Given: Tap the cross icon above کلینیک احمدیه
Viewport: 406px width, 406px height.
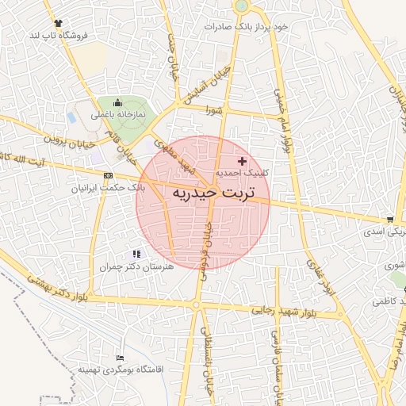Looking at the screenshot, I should pyautogui.click(x=243, y=161).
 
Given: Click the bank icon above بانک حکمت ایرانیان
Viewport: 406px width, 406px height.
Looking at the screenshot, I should pyautogui.click(x=109, y=176).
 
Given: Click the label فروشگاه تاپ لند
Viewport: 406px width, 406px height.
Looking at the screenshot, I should pyautogui.click(x=56, y=36).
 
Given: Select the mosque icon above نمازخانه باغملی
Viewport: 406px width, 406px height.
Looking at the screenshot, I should pyautogui.click(x=118, y=102).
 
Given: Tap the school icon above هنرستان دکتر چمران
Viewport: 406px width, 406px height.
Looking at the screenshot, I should pyautogui.click(x=136, y=254).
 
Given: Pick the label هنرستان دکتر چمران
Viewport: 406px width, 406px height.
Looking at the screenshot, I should pyautogui.click(x=131, y=266).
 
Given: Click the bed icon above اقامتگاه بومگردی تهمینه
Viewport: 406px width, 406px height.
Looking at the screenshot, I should pyautogui.click(x=120, y=358).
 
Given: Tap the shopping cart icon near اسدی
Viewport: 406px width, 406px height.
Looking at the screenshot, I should pyautogui.click(x=390, y=220).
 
